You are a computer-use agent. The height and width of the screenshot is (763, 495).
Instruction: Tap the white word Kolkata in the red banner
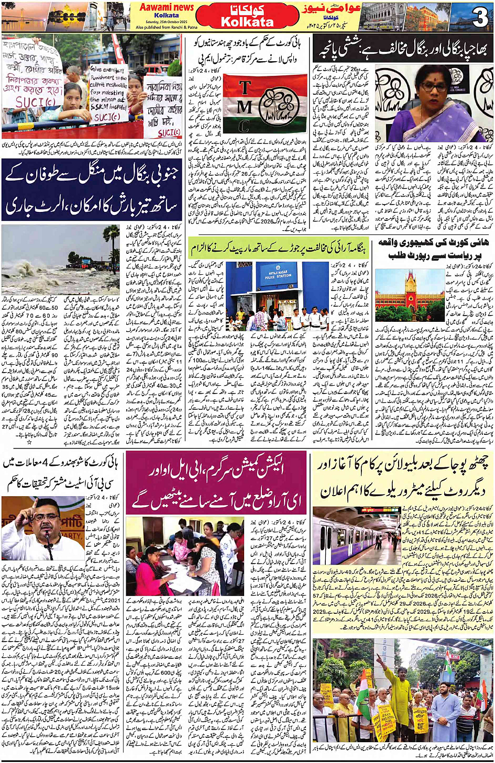[247, 22]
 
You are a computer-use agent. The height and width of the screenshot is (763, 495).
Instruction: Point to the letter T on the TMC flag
[245, 87]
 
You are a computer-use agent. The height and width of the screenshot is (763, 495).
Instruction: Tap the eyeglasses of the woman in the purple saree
[433, 86]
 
